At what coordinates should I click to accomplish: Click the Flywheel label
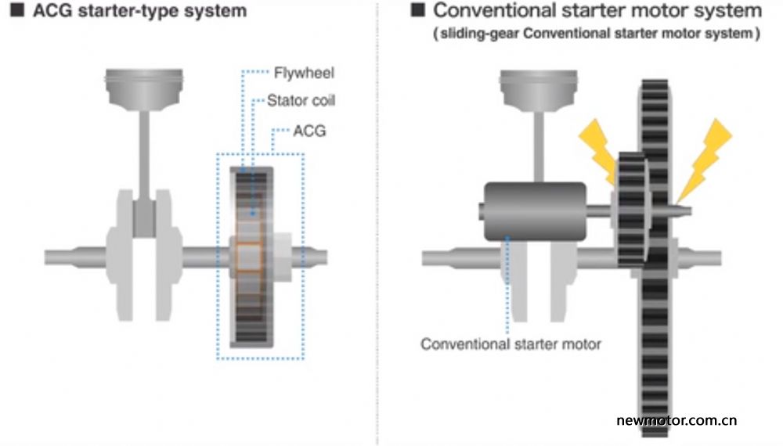[304, 73]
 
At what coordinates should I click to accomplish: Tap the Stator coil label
[301, 100]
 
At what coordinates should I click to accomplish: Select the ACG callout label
[309, 131]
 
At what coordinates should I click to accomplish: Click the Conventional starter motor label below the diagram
[511, 343]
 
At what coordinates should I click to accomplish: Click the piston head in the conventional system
[539, 88]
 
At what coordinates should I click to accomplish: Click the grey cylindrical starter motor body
[535, 211]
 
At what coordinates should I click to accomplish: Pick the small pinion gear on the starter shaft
[633, 210]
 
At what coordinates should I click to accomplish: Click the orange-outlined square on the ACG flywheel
[249, 257]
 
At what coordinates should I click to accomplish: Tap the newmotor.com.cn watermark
[677, 420]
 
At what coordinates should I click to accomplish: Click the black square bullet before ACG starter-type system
[17, 10]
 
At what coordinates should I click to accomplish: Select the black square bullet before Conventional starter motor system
[417, 10]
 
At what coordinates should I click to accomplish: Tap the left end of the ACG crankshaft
[46, 257]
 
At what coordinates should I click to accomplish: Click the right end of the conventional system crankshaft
[720, 258]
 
